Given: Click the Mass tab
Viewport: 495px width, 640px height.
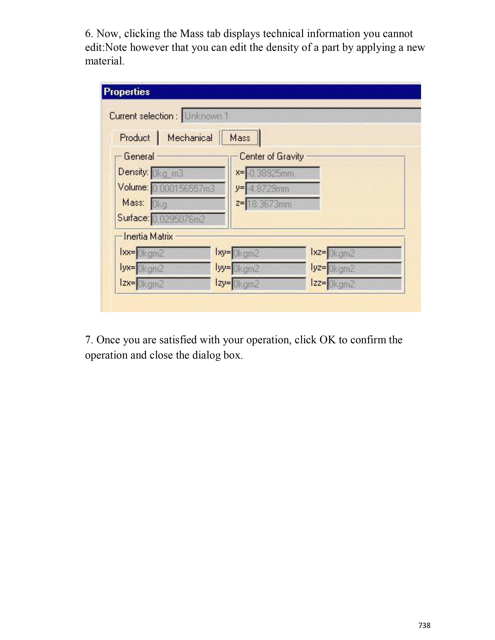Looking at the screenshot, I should point(240,138).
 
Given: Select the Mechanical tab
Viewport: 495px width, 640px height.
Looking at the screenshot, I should point(190,138).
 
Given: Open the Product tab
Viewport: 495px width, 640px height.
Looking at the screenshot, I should point(135,138).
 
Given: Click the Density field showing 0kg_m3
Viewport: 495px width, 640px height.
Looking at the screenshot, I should point(188,173).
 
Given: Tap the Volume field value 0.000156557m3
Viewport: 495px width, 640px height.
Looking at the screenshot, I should point(188,189).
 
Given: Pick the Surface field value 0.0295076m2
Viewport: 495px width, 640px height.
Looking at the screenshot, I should point(188,219).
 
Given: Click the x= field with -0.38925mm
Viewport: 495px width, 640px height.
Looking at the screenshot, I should point(282,173).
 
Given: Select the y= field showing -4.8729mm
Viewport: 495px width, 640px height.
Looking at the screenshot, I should point(282,189).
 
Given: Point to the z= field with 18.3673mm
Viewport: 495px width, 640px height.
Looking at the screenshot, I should point(282,204).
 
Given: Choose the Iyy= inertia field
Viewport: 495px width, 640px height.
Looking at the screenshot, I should point(269,268).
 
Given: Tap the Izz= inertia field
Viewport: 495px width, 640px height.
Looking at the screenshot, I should point(364,284).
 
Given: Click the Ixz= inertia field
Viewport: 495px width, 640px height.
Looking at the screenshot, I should point(364,253).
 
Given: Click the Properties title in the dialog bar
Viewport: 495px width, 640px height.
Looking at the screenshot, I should point(127,92).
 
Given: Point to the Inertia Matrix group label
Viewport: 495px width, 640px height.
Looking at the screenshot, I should point(148,236).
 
